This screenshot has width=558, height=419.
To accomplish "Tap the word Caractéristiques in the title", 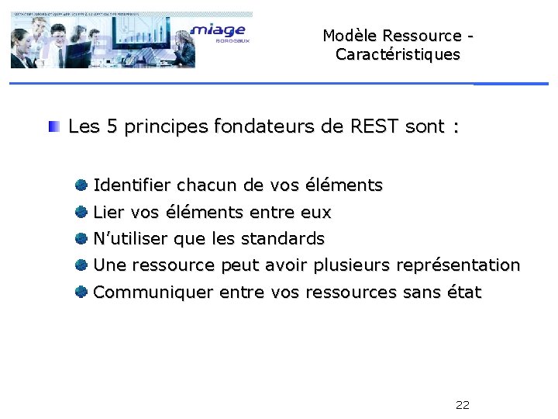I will pyautogui.click(x=398, y=55).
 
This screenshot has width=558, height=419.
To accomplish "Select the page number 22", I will pyautogui.click(x=463, y=405).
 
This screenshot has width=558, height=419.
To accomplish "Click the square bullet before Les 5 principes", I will pyautogui.click(x=53, y=126).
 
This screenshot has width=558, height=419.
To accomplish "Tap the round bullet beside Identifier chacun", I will pyautogui.click(x=81, y=185).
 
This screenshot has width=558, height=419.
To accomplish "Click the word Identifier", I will pyautogui.click(x=132, y=186).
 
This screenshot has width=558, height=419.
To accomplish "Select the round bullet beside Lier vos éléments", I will pyautogui.click(x=81, y=212).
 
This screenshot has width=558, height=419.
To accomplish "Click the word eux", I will pyautogui.click(x=315, y=213).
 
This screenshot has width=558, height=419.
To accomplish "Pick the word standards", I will pyautogui.click(x=283, y=238).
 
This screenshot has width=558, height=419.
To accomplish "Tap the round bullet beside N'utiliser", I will pyautogui.click(x=81, y=238).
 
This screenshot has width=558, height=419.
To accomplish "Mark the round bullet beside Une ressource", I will pyautogui.click(x=81, y=265).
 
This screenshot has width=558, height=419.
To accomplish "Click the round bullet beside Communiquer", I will pyautogui.click(x=81, y=292).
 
